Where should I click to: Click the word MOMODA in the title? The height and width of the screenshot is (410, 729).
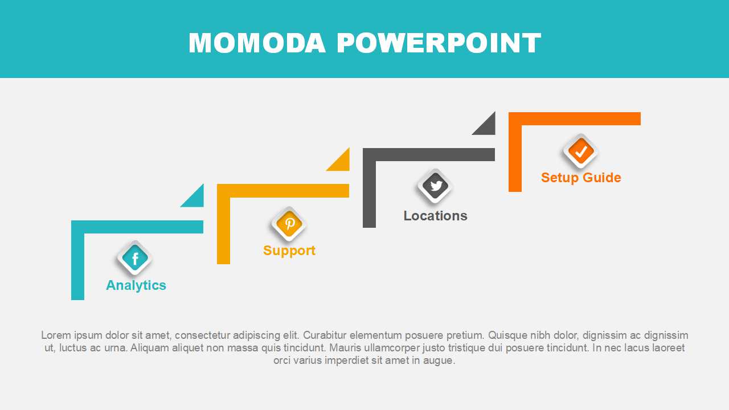(257, 43)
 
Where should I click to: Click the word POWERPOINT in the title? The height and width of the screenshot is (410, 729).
(439, 43)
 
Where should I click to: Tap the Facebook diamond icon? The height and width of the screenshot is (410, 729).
(135, 259)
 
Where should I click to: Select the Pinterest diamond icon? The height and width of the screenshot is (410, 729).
(289, 224)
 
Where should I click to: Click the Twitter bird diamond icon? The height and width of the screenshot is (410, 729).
(435, 186)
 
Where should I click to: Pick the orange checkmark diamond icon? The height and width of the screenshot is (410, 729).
(580, 151)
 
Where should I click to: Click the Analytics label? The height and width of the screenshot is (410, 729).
(136, 285)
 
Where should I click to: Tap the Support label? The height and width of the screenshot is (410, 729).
(289, 251)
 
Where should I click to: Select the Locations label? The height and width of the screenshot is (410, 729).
(436, 216)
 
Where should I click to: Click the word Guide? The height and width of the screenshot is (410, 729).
(602, 178)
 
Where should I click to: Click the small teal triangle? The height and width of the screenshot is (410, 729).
(196, 199)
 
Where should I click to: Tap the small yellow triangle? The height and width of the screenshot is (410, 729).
(342, 163)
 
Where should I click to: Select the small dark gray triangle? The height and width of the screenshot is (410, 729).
(488, 127)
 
